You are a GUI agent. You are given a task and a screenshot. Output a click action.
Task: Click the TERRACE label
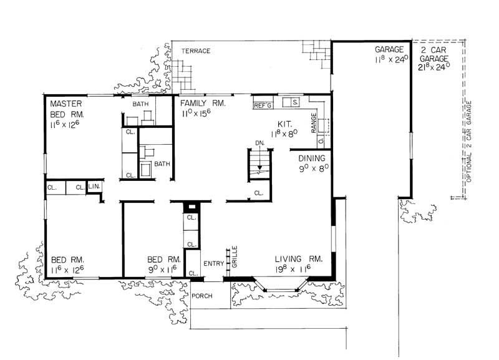click(x=196, y=51)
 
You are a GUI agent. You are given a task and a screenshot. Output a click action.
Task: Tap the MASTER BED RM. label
click(x=67, y=109)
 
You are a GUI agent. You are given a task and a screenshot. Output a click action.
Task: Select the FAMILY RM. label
click(x=203, y=103)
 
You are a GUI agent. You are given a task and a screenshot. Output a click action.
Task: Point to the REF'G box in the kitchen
click(x=263, y=105)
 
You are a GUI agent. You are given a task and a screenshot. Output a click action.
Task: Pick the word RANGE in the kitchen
click(x=314, y=122)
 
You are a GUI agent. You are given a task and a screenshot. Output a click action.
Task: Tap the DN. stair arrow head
click(x=259, y=167)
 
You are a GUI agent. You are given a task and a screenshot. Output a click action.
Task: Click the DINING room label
click(x=312, y=158)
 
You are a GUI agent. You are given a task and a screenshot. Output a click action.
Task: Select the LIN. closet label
click(x=94, y=186)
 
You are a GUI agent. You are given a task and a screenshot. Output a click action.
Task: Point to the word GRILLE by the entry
click(x=235, y=256)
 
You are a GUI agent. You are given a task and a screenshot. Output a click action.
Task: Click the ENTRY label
click(x=214, y=263)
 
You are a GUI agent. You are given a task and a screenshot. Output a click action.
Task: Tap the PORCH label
click(x=201, y=296)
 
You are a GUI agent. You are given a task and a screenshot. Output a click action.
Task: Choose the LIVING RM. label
click(x=299, y=259)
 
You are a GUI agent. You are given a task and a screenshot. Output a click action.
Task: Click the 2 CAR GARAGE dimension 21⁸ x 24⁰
click(x=434, y=67)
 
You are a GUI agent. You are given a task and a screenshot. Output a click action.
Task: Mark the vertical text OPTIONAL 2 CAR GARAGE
click(x=468, y=142)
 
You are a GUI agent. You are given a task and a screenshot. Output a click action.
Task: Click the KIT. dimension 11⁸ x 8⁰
click(x=284, y=134)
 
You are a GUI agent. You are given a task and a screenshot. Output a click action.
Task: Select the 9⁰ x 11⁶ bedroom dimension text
click(x=163, y=270)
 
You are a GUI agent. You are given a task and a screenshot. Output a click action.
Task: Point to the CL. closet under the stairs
click(x=259, y=193)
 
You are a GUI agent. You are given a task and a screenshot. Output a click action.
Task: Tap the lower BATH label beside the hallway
click(x=162, y=164)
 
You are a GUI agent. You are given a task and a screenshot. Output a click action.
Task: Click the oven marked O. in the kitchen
click(x=321, y=140)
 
